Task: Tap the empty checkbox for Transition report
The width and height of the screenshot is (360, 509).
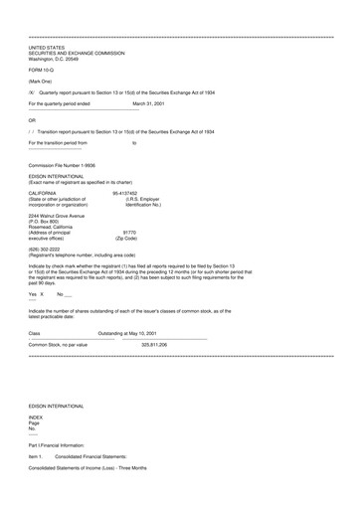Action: (32, 131)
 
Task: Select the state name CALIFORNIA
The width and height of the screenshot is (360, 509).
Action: (43, 193)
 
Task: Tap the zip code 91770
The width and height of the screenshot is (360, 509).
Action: (126, 233)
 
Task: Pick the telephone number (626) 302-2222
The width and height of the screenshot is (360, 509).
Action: (48, 250)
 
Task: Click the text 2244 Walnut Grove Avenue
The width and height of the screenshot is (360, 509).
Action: (57, 216)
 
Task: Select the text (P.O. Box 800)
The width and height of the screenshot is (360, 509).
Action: (46, 222)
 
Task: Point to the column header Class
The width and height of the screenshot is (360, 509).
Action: (34, 332)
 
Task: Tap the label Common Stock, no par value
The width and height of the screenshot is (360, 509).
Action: (58, 343)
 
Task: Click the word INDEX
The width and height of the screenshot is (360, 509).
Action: (36, 445)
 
